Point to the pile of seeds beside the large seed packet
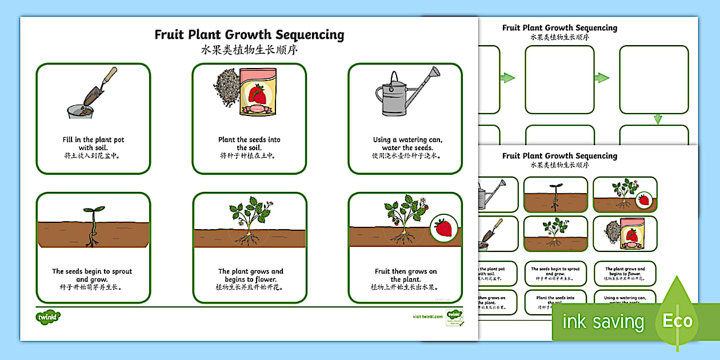click(x=227, y=89)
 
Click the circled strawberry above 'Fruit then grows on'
click(x=445, y=228)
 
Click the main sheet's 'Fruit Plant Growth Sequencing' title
click(x=249, y=35)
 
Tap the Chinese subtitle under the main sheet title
click(x=249, y=50)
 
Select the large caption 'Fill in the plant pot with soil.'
click(x=93, y=143)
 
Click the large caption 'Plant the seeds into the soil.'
click(x=249, y=143)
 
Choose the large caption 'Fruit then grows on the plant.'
click(x=405, y=275)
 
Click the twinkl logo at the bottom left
click(x=49, y=317)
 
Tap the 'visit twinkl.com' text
click(x=427, y=317)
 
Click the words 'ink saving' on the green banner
click(x=602, y=322)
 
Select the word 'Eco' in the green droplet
click(x=677, y=321)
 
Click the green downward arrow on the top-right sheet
click(x=657, y=119)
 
